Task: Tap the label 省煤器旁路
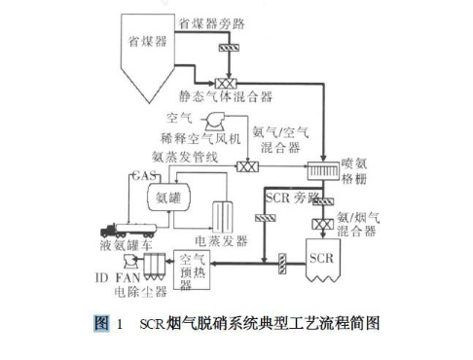[215, 20]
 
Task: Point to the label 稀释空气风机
[186, 136]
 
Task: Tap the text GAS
[142, 176]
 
